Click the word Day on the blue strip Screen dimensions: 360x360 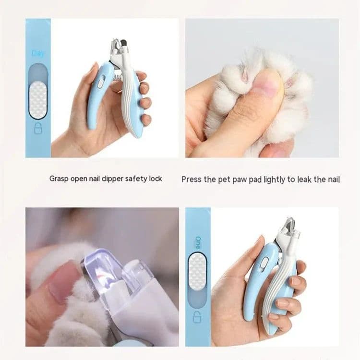(38, 53)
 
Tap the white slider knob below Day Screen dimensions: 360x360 (38, 100)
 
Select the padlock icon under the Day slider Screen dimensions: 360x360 (38, 128)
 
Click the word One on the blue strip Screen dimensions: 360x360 (197, 242)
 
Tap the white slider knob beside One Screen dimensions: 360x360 (197, 272)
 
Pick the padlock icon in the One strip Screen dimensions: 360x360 (197, 318)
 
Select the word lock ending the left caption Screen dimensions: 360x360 (156, 179)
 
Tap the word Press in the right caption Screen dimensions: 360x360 (191, 179)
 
